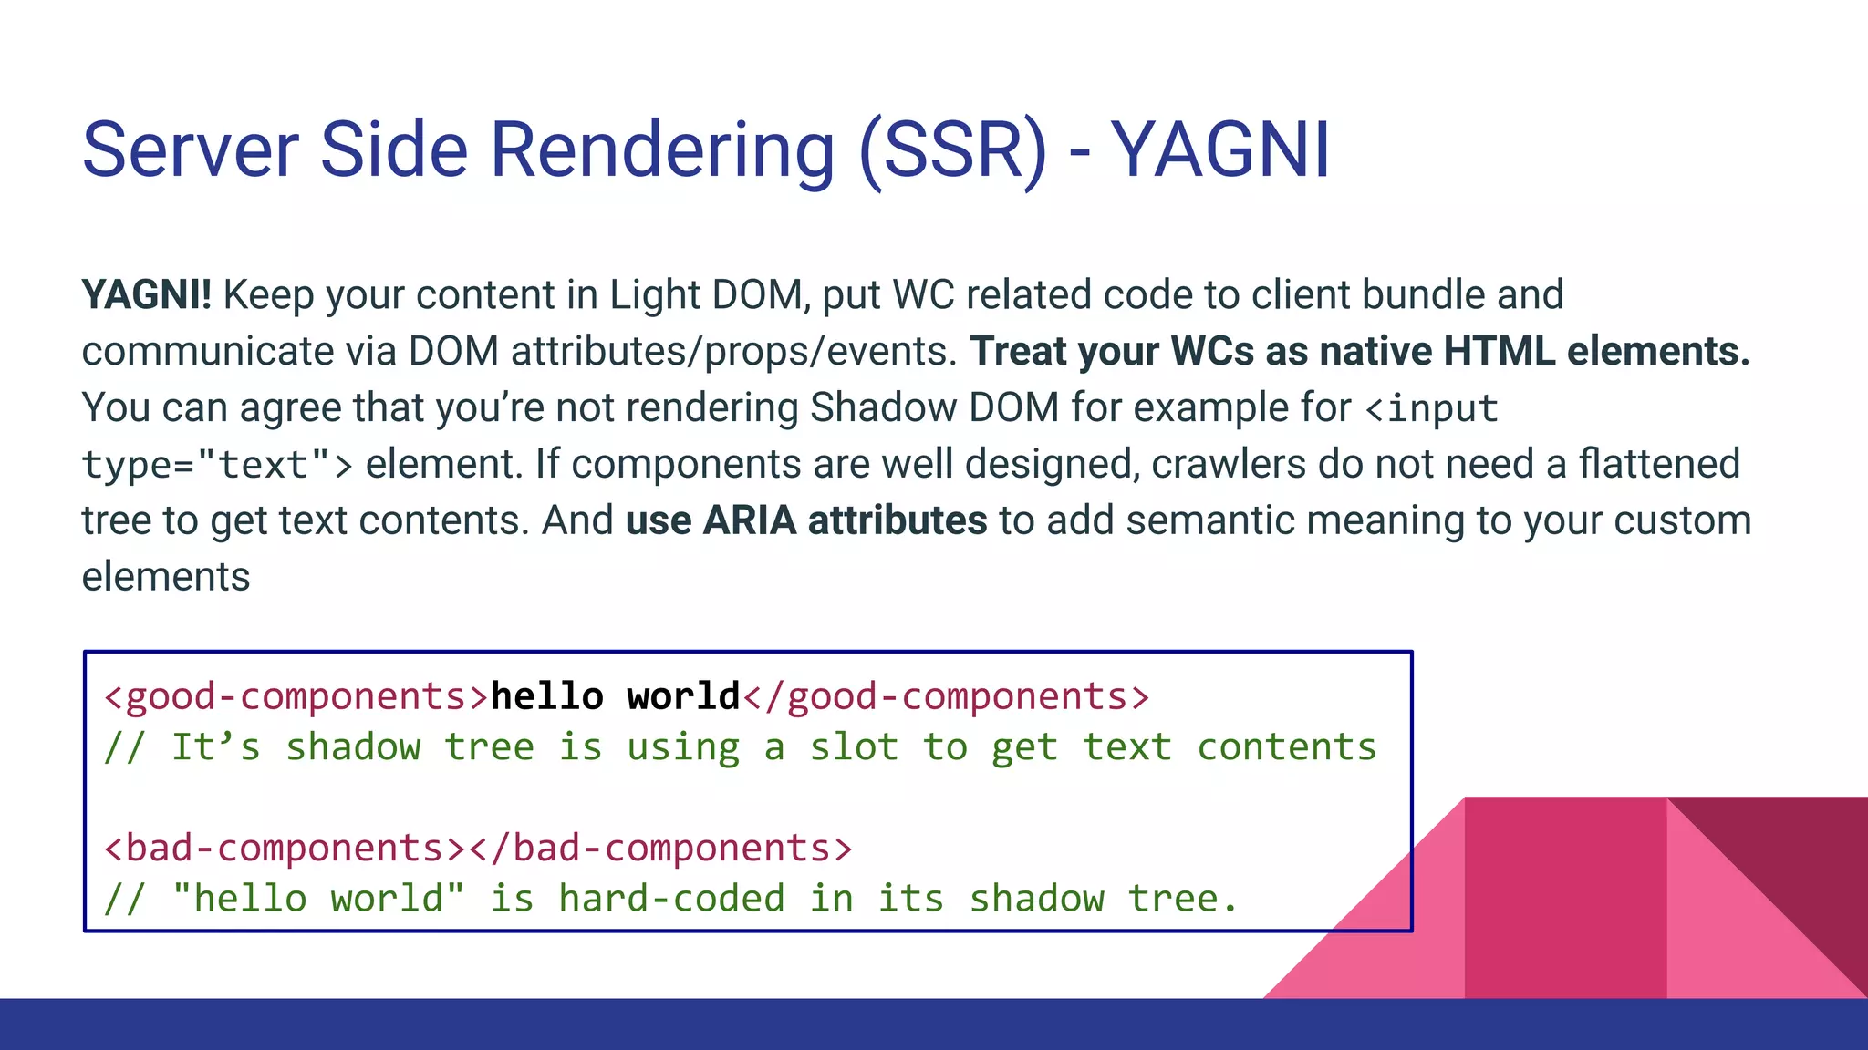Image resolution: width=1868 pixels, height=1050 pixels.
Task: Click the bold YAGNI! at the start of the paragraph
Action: click(146, 295)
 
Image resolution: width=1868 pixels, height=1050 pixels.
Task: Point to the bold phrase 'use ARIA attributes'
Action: click(806, 520)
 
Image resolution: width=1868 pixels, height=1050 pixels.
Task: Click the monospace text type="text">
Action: click(217, 465)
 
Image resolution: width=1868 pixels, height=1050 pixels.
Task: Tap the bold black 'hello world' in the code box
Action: click(616, 696)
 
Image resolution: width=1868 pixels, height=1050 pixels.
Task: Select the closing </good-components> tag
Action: click(947, 696)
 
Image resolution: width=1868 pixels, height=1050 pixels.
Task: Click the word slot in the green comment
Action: click(854, 747)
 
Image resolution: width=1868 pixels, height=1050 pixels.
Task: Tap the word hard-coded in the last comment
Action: click(671, 899)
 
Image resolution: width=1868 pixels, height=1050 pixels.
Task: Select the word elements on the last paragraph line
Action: click(166, 577)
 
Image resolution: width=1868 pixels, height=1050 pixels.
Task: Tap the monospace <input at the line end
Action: click(1432, 408)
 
